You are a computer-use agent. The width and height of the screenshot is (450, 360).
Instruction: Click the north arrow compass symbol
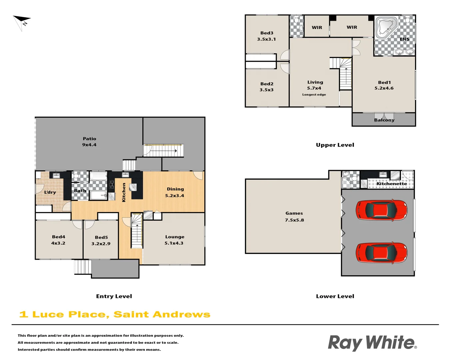[21, 22]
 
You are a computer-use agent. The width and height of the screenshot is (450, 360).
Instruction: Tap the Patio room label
[89, 139]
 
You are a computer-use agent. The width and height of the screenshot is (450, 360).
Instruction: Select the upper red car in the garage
[381, 210]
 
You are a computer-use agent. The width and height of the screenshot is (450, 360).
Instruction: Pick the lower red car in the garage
[381, 252]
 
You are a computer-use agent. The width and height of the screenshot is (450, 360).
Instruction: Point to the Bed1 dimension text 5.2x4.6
[384, 88]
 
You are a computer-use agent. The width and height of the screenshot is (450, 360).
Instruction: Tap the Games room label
[294, 213]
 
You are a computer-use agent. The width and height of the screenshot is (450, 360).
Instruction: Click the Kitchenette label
[392, 184]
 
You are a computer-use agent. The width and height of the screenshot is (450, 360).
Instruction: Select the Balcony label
[384, 120]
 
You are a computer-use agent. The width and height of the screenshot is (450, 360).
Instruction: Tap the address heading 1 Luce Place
[115, 314]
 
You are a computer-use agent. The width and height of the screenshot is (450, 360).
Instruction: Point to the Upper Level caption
[335, 145]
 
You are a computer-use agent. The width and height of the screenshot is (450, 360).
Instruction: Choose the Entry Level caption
[114, 296]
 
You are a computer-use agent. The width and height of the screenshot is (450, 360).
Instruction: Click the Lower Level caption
[335, 296]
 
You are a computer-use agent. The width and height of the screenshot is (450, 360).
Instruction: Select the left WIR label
[317, 28]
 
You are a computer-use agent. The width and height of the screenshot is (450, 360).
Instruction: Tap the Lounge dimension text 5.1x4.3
[174, 243]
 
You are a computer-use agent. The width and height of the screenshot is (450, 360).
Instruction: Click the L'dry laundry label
[50, 192]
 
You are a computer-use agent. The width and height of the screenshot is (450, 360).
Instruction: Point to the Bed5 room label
[101, 237]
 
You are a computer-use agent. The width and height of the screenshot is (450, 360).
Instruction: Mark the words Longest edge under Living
[314, 95]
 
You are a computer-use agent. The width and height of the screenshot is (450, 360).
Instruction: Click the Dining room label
[175, 189]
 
